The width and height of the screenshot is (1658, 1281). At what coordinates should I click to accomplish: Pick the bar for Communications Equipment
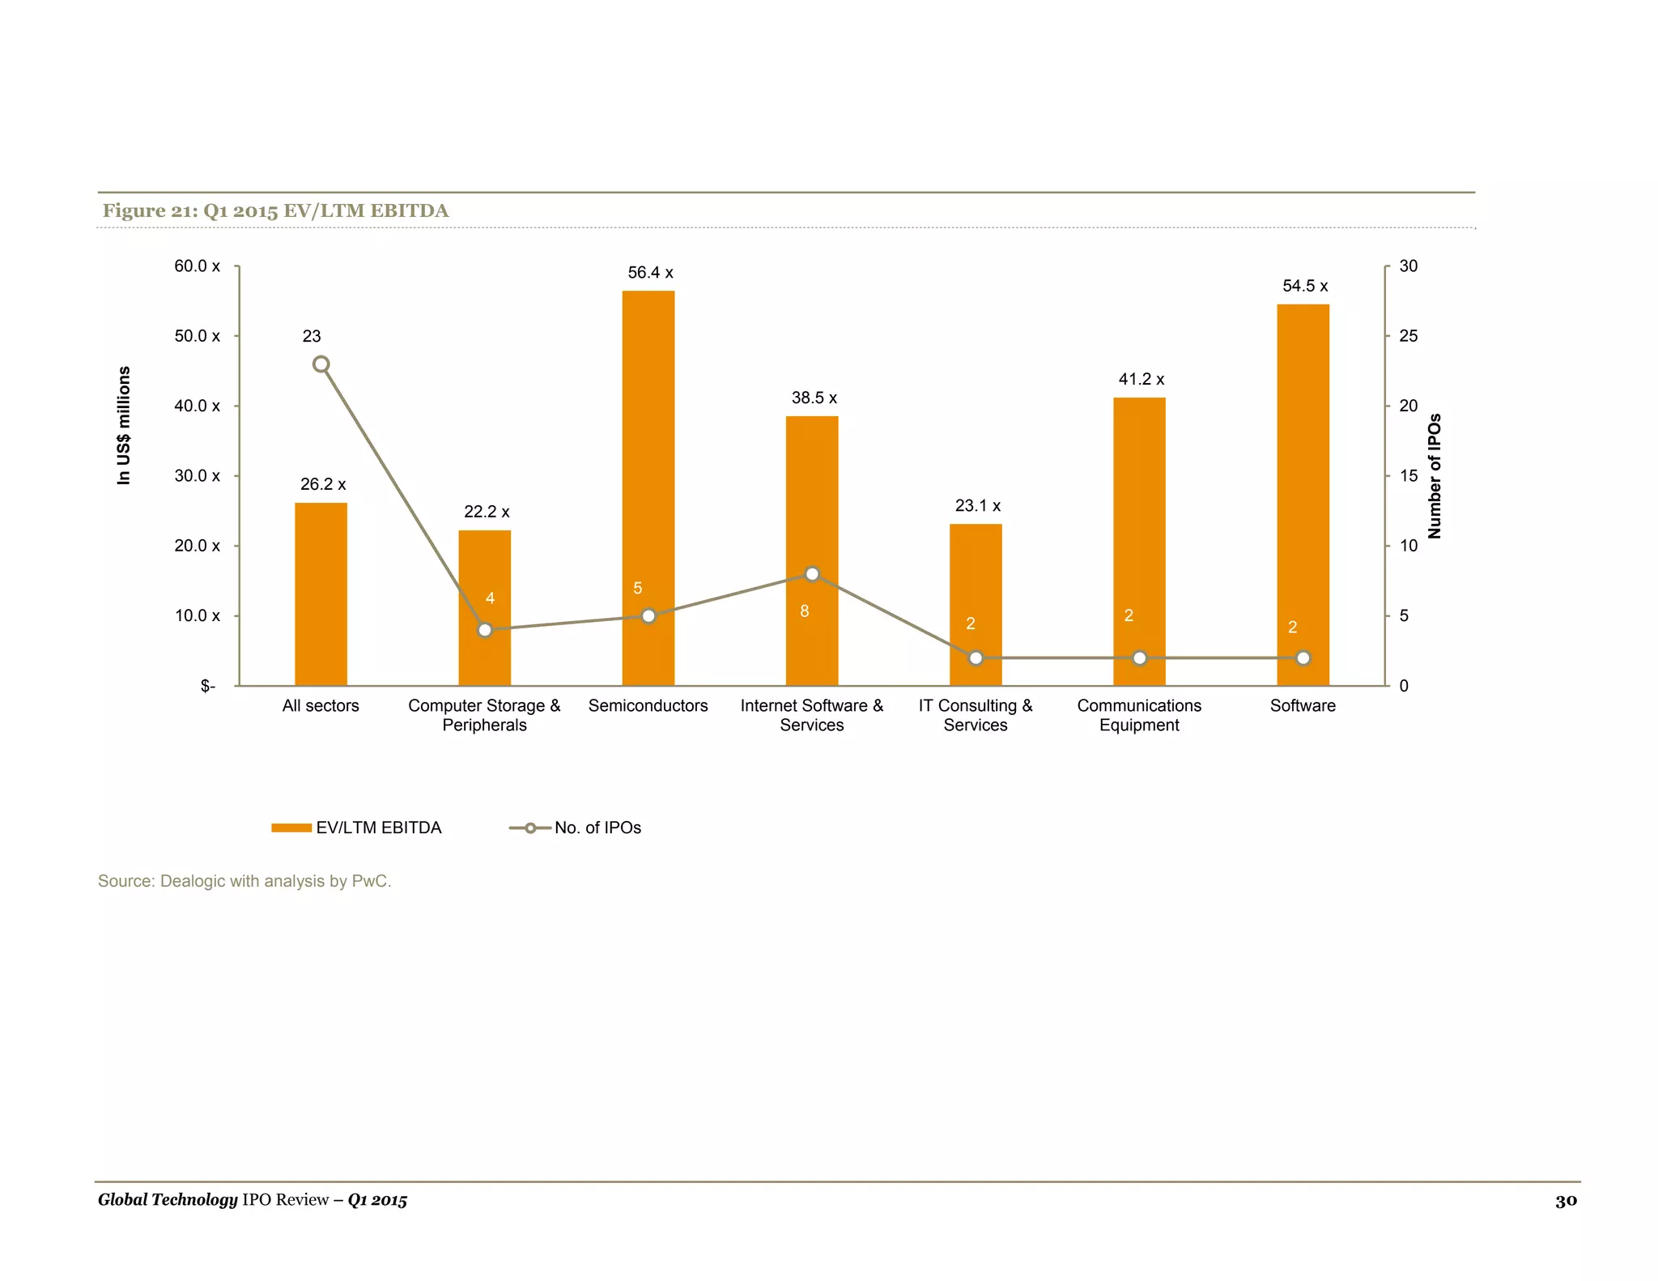(x=1139, y=518)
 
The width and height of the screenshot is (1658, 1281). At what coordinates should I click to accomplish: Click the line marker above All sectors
(x=321, y=364)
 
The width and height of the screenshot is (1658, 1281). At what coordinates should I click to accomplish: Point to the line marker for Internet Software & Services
(x=812, y=574)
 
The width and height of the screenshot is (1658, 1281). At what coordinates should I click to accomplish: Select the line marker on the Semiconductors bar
(x=648, y=616)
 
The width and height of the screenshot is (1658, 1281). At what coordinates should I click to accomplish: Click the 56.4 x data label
(x=650, y=273)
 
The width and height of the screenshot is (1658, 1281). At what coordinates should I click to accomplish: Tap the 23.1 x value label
(x=977, y=506)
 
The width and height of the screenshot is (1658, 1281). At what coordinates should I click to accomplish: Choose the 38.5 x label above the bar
(x=814, y=398)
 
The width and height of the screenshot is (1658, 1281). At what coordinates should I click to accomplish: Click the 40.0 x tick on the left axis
(x=197, y=406)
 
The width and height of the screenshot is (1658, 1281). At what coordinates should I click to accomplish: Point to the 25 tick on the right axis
(x=1408, y=336)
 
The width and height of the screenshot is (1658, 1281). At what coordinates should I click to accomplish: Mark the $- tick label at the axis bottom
(x=208, y=686)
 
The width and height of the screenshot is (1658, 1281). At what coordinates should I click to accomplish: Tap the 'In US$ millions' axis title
(x=124, y=425)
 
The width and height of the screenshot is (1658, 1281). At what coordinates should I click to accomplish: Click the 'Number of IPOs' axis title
(x=1435, y=476)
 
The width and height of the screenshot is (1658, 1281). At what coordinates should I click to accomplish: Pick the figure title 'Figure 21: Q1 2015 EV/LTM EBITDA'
(x=275, y=211)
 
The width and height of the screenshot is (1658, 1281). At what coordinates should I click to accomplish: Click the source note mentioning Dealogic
(x=244, y=881)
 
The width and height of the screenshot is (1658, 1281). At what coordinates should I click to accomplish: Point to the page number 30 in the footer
(x=1566, y=1200)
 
